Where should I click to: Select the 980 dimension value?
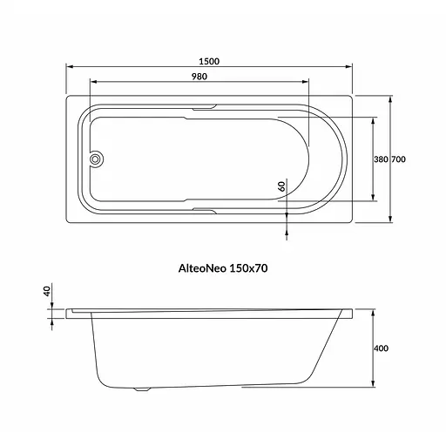pyautogui.click(x=198, y=77)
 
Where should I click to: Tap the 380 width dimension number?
pyautogui.click(x=380, y=160)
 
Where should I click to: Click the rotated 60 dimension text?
pyautogui.click(x=282, y=186)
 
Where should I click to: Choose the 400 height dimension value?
pyautogui.click(x=380, y=348)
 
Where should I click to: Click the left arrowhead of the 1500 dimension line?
pyautogui.click(x=71, y=68)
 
